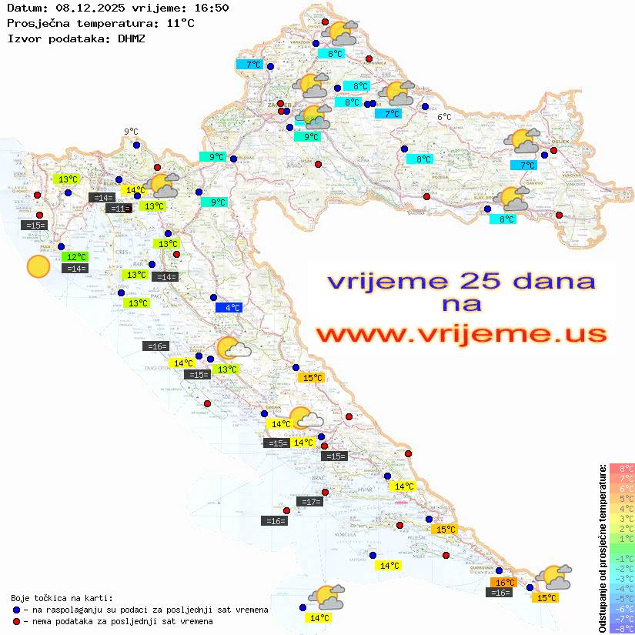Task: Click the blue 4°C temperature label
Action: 229,307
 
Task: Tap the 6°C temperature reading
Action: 444,117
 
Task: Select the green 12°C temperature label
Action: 75,256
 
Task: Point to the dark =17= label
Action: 310,501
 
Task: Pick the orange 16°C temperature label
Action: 505,582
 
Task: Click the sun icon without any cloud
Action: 37,266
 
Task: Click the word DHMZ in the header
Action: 132,38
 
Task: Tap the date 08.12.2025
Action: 90,8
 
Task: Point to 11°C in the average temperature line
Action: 181,23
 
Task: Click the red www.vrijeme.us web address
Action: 460,334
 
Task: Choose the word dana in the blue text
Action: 540,280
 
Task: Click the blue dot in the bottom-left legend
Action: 17,610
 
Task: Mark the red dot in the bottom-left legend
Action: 17,621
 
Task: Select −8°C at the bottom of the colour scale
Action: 621,628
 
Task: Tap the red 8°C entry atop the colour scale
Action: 621,468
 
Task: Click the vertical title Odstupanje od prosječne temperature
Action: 601,548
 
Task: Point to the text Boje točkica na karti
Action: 62,597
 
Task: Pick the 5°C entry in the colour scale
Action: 621,498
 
